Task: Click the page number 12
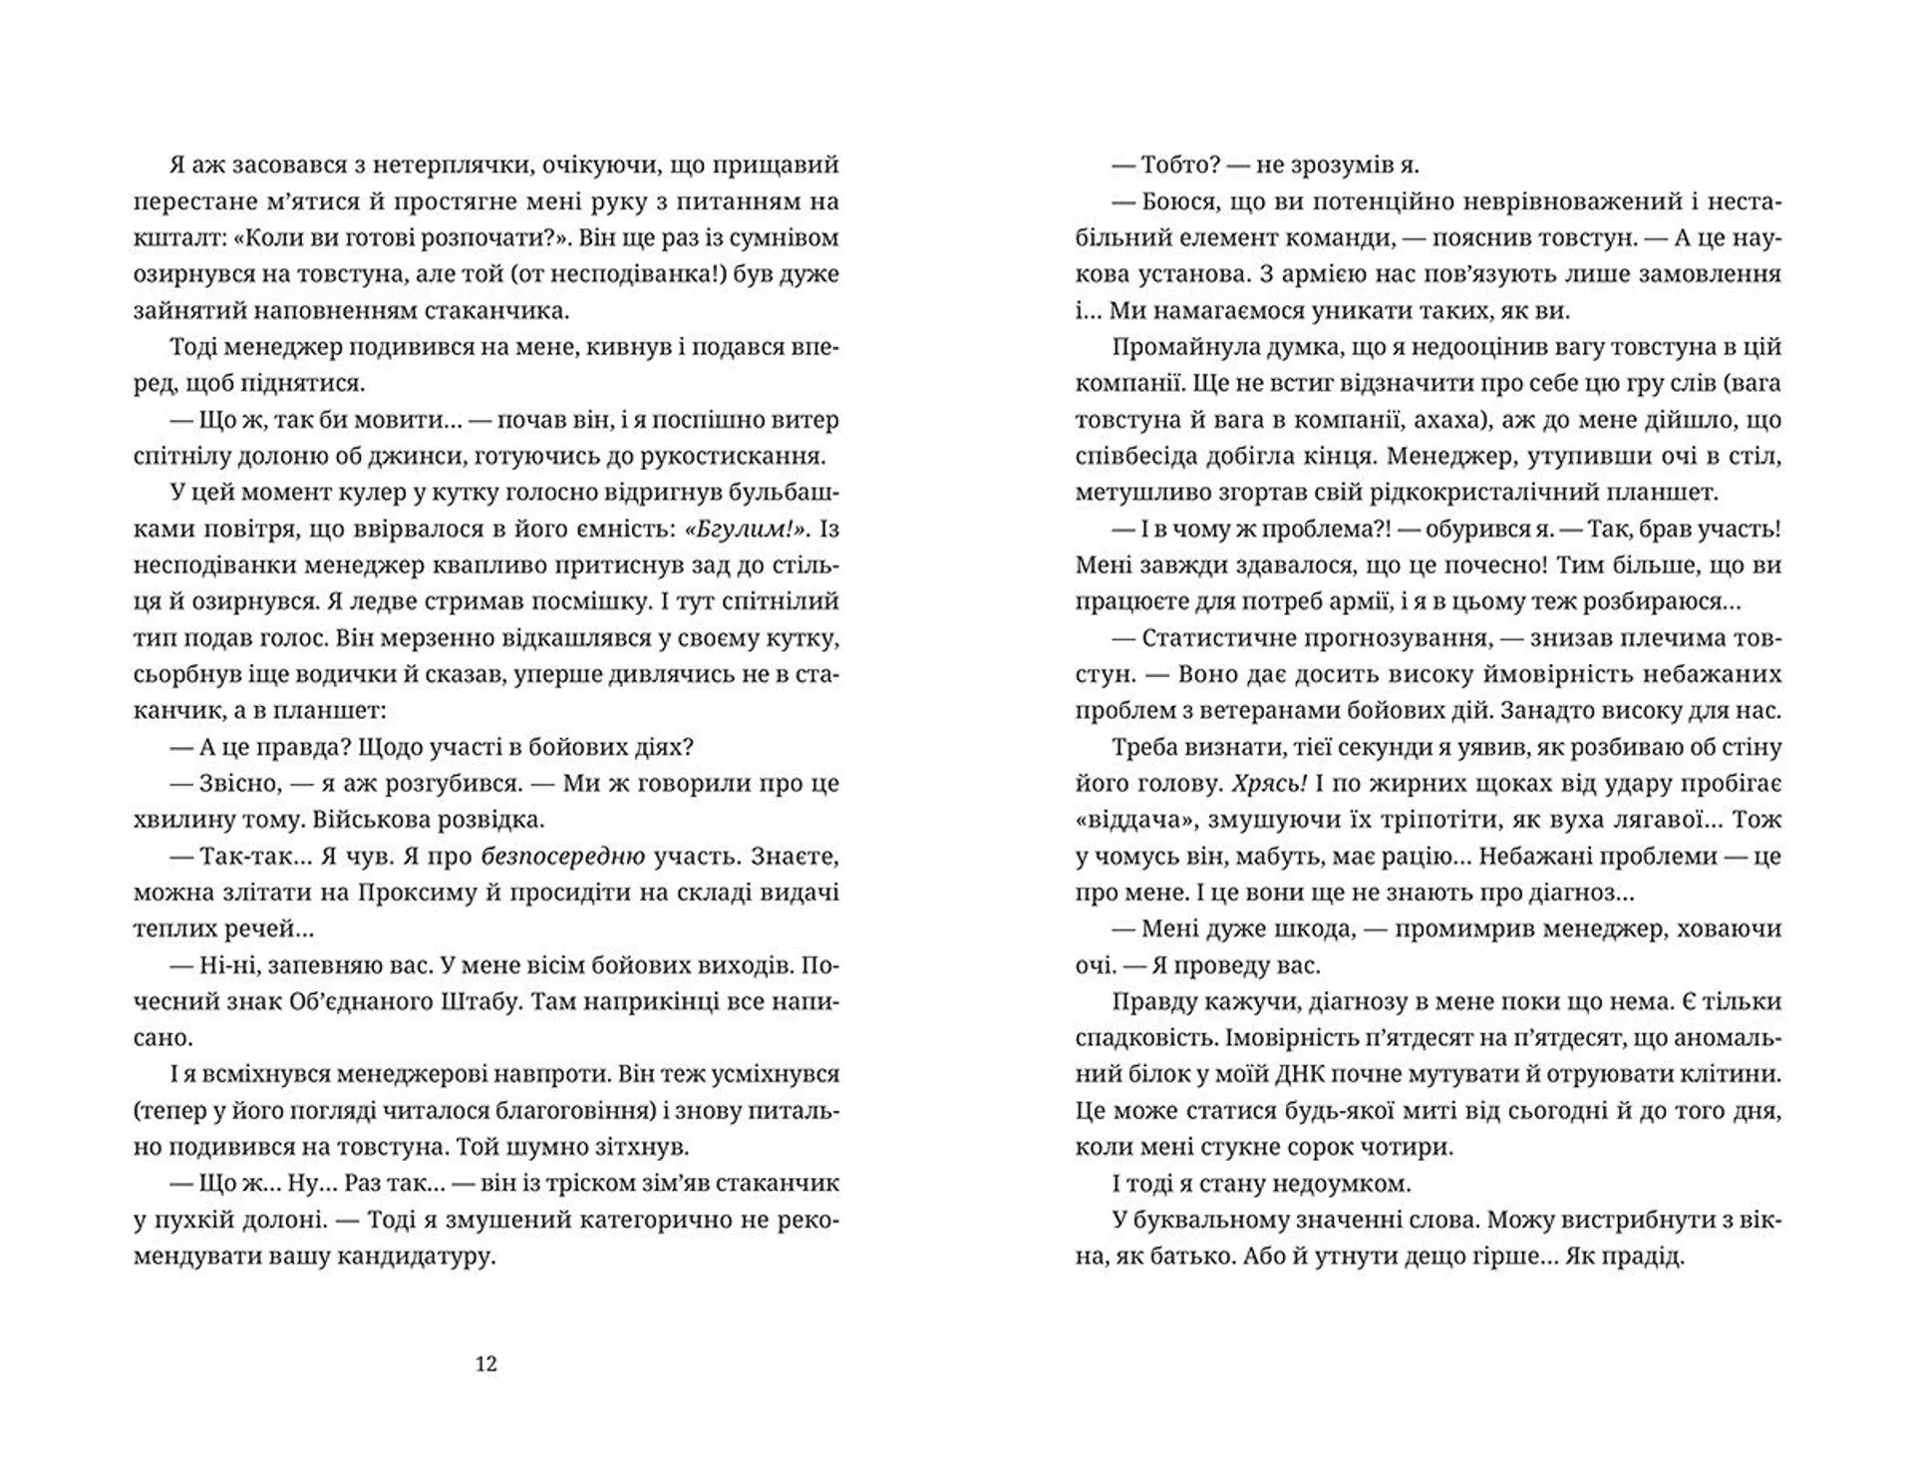point(485,1364)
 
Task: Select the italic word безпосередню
point(563,856)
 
